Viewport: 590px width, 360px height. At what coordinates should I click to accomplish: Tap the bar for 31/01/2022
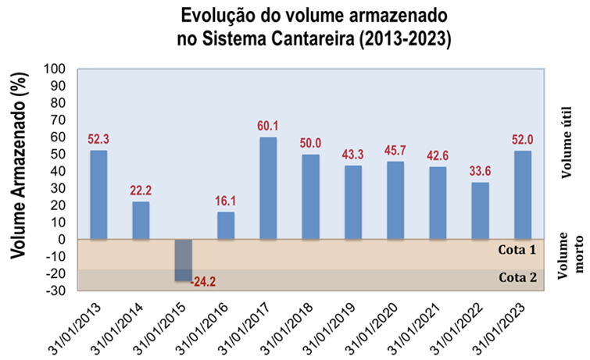[x=481, y=211]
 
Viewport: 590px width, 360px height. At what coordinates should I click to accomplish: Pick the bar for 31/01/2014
[x=141, y=220]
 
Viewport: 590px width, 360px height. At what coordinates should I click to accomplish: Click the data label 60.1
[x=268, y=126]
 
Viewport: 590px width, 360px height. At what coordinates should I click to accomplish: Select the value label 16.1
[x=226, y=201]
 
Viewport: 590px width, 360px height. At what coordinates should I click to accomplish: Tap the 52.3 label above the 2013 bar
[x=98, y=139]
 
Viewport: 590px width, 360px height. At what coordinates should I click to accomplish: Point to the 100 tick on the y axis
[x=57, y=69]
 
